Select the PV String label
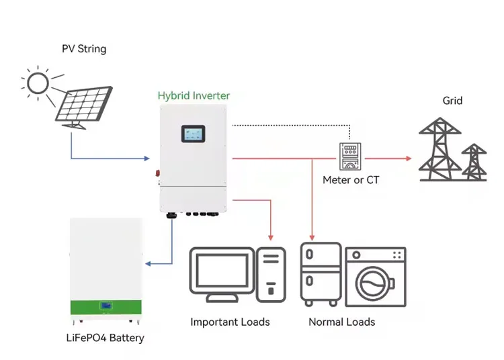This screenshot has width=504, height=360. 84,49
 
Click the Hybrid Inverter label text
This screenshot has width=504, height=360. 194,96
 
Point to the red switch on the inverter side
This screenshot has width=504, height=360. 159,171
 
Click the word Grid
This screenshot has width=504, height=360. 452,101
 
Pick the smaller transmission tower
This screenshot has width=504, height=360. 474,162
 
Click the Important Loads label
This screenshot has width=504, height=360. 230,322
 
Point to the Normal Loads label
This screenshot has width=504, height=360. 341,322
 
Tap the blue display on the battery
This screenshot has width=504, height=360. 106,306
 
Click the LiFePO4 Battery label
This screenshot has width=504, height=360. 106,338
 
